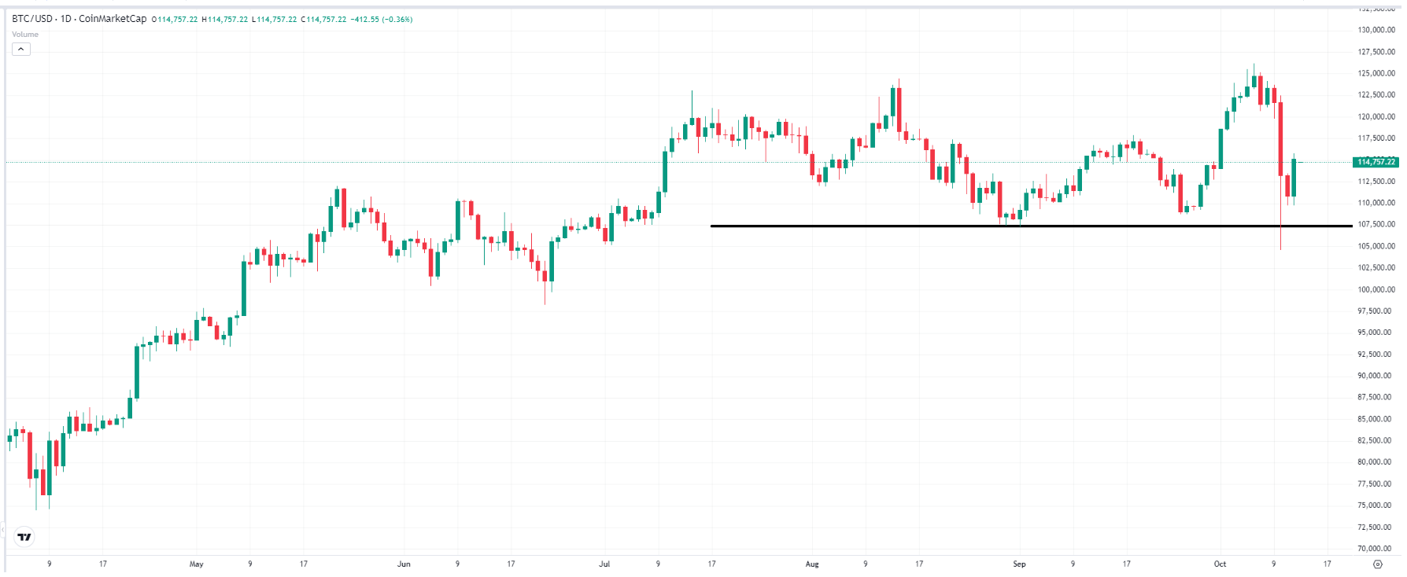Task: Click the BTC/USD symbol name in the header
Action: pos(32,19)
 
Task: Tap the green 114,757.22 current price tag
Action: pos(1376,162)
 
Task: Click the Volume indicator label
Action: pos(25,35)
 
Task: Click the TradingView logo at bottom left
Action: pos(24,537)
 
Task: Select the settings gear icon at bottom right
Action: pos(1377,564)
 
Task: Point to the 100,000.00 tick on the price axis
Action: pos(1376,289)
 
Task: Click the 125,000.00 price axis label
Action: pos(1376,73)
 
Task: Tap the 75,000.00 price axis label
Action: pos(1376,505)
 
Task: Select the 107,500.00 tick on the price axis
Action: pos(1376,224)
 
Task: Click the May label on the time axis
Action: pos(197,564)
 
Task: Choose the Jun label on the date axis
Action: pos(404,564)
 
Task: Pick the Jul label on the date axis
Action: pos(604,564)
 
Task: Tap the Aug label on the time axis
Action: pos(812,564)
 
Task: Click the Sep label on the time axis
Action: pos(1019,564)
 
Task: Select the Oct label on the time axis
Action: pos(1220,564)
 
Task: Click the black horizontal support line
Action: pos(866,226)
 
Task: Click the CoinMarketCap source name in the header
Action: pos(113,19)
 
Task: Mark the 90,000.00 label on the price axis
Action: pos(1376,376)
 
